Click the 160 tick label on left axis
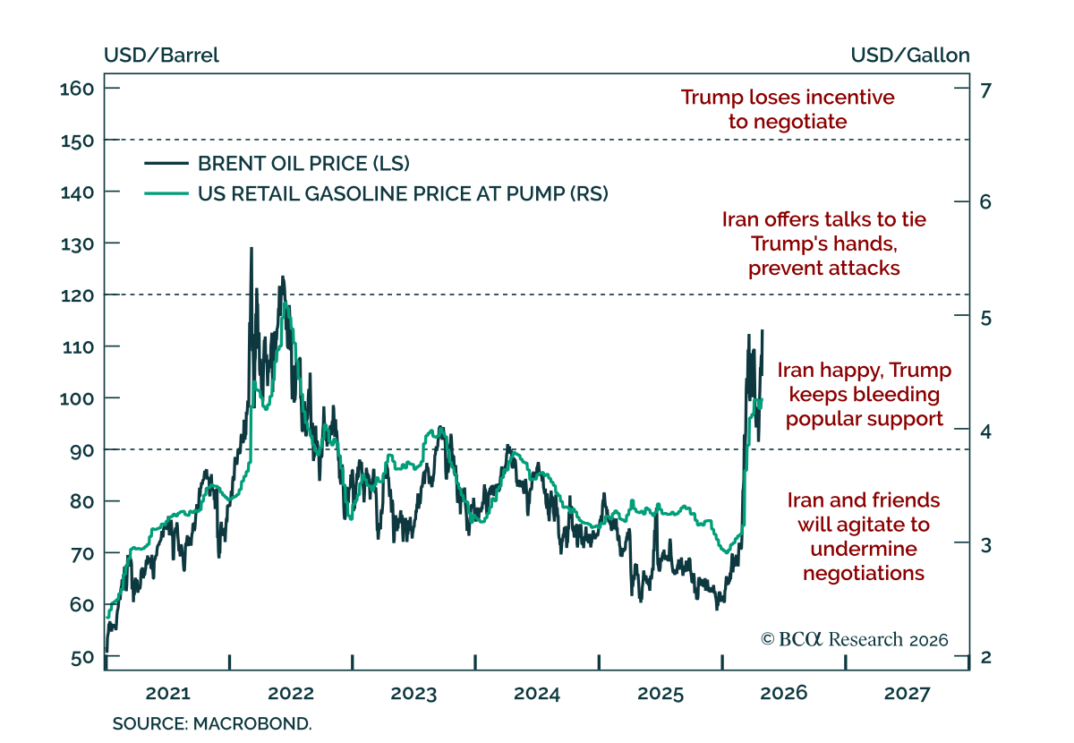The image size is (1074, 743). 77,89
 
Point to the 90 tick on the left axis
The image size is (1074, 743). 112,449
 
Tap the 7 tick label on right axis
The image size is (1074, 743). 985,90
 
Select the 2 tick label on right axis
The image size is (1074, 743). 985,657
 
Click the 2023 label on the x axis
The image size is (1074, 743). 413,693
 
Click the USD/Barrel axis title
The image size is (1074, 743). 162,56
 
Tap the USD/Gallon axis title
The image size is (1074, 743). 910,56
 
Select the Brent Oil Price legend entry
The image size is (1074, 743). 277,164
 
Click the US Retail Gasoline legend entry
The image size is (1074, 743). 377,193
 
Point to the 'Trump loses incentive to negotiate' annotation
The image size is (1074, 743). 788,109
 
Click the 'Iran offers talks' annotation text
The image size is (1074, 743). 824,243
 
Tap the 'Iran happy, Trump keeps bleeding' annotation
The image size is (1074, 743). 865,394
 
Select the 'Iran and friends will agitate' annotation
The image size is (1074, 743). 864,537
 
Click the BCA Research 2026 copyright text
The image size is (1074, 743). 855,639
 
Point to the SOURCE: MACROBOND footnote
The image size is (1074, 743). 212,724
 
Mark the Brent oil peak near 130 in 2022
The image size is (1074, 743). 251,249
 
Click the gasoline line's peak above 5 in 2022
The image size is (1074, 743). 286,303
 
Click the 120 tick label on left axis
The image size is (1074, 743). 77,295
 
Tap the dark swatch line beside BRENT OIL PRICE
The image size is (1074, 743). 166,164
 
